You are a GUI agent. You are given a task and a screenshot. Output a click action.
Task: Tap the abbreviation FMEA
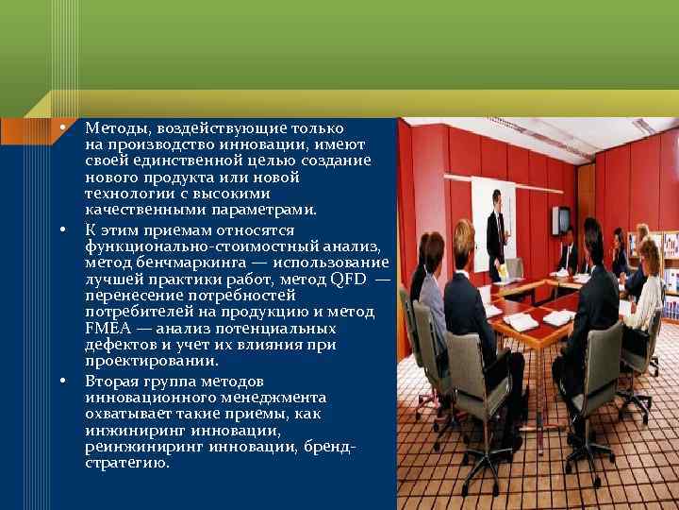(103, 329)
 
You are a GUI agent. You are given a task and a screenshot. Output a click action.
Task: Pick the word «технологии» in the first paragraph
(124, 194)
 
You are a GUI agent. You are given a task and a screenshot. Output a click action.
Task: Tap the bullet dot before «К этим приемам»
(62, 229)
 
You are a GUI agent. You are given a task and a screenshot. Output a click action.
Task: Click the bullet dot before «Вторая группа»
(62, 382)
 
